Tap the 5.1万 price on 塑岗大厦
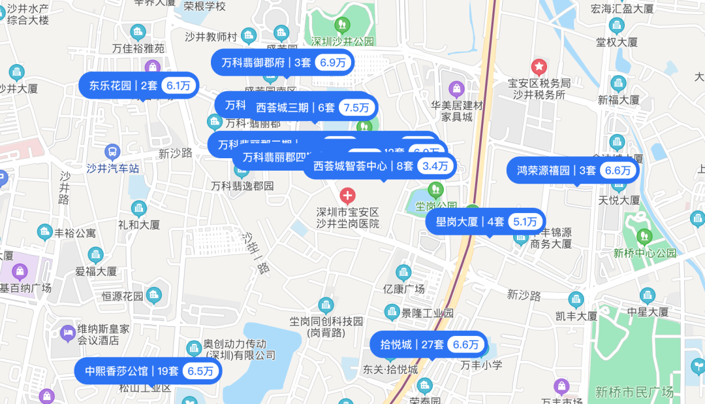[525, 222]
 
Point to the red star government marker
[539, 66]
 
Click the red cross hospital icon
[348, 195]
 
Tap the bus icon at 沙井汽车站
[112, 152]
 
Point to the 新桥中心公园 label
[644, 253]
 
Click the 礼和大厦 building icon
[138, 209]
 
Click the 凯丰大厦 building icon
[576, 300]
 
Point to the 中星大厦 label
[648, 312]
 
